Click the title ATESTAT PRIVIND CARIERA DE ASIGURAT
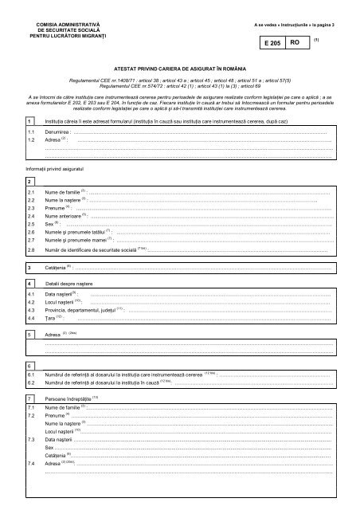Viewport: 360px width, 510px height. (x=179, y=71)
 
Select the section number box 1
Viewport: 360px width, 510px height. (x=29, y=120)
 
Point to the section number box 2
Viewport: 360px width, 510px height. (x=29, y=182)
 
